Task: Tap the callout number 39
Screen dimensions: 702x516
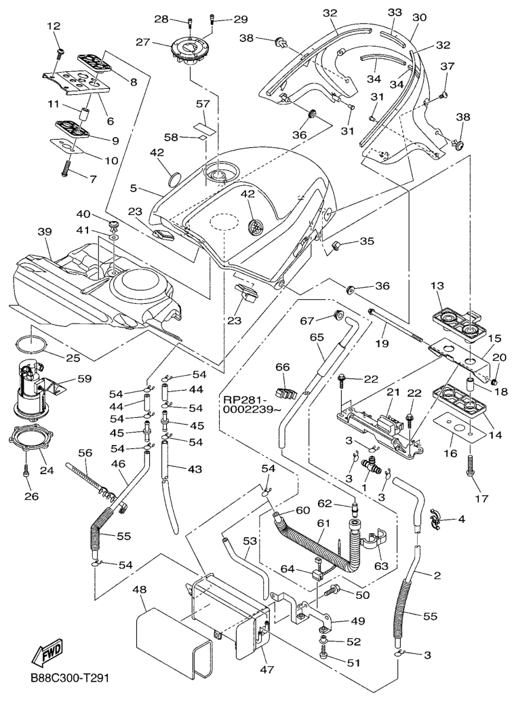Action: [45, 233]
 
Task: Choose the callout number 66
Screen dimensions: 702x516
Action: [281, 367]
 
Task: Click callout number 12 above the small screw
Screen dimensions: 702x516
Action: [54, 26]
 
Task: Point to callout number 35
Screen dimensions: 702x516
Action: [367, 241]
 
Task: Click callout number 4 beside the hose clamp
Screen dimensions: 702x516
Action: [461, 520]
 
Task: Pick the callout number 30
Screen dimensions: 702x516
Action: [419, 18]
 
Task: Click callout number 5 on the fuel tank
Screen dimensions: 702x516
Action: [134, 188]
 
